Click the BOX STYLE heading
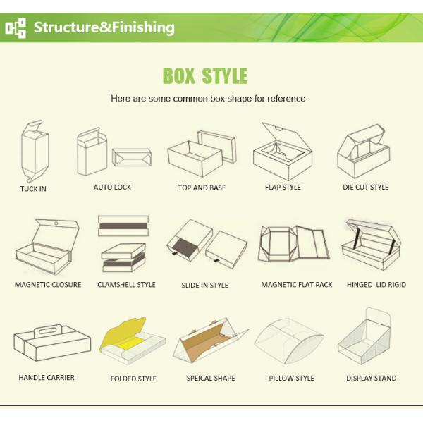pyautogui.click(x=205, y=75)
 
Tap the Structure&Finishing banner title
pyautogui.click(x=104, y=27)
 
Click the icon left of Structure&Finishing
pyautogui.click(x=16, y=27)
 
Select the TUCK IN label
pyautogui.click(x=33, y=189)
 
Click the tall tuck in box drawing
pyautogui.click(x=32, y=152)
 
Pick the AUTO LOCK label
pyautogui.click(x=112, y=187)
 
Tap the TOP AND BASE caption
pyautogui.click(x=202, y=188)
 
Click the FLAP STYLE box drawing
pyautogui.click(x=282, y=152)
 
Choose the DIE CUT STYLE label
pyautogui.click(x=365, y=188)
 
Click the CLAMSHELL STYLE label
pyautogui.click(x=126, y=285)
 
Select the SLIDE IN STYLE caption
pyautogui.click(x=204, y=286)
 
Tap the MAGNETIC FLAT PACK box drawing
pyautogui.click(x=296, y=247)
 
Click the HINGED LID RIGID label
pyautogui.click(x=376, y=285)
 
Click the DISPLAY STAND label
pyautogui.click(x=371, y=379)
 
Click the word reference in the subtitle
pyautogui.click(x=286, y=99)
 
